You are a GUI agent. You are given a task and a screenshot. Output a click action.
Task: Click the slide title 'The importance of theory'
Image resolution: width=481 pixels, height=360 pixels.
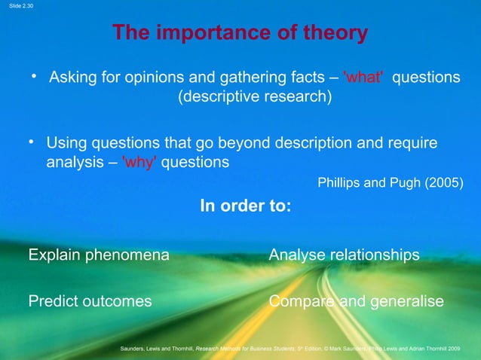click(240, 33)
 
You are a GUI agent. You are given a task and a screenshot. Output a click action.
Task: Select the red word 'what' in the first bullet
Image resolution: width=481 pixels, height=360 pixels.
click(363, 78)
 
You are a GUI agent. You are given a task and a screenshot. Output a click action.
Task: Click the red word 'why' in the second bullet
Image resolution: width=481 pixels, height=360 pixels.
click(139, 162)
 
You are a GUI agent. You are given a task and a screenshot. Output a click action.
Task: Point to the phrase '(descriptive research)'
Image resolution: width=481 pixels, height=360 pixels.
click(254, 98)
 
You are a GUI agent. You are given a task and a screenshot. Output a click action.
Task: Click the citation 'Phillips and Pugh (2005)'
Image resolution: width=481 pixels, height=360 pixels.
click(391, 183)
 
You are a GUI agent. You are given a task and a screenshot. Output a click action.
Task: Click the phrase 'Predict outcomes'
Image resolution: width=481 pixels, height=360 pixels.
click(90, 301)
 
